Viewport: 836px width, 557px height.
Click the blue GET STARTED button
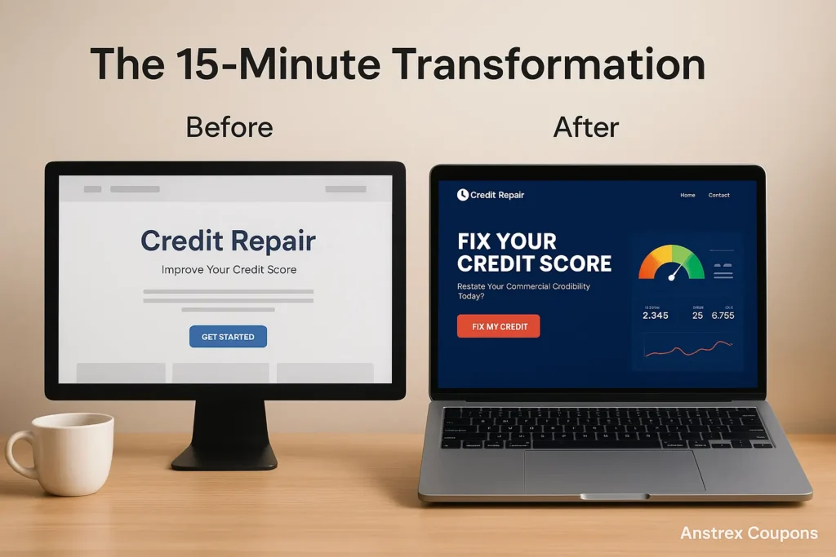pyautogui.click(x=228, y=337)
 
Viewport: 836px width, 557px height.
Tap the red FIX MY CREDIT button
pyautogui.click(x=498, y=326)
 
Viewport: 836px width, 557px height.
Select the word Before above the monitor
pyautogui.click(x=229, y=127)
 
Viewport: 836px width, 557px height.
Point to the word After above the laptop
pyautogui.click(x=585, y=127)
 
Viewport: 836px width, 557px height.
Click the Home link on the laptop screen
pyautogui.click(x=687, y=196)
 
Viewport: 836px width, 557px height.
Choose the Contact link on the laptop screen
pyautogui.click(x=718, y=196)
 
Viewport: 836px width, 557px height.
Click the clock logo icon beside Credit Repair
pyautogui.click(x=463, y=195)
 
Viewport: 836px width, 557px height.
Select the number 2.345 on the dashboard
pyautogui.click(x=656, y=315)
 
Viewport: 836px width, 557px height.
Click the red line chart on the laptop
pyautogui.click(x=687, y=349)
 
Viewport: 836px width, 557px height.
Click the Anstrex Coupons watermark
pyautogui.click(x=749, y=533)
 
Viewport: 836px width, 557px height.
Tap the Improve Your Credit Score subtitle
pyautogui.click(x=229, y=270)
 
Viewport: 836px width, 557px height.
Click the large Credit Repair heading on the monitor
pyautogui.click(x=228, y=241)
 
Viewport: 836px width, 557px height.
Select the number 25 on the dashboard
pyautogui.click(x=697, y=315)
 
